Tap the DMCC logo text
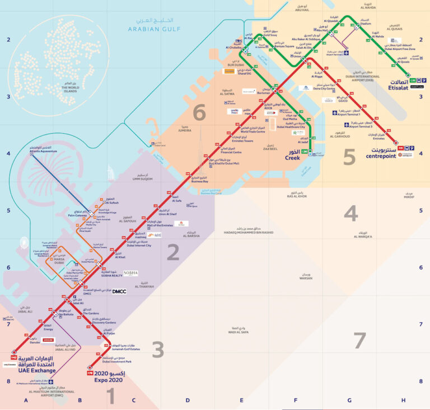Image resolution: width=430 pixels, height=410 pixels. pyautogui.click(x=120, y=291)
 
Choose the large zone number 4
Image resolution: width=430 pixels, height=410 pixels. pyautogui.click(x=350, y=213)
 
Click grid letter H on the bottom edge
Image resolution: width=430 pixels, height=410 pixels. pyautogui.click(x=403, y=400)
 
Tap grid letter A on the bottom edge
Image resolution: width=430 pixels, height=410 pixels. pyautogui.click(x=26, y=400)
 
